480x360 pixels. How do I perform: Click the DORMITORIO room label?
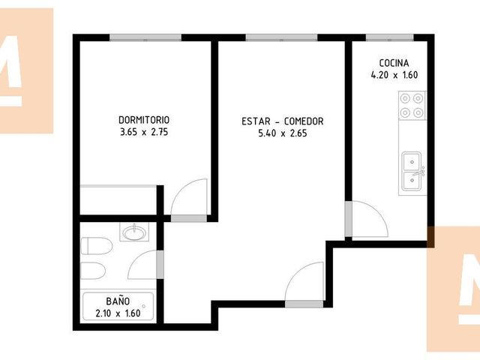144,120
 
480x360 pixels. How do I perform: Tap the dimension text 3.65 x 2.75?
144,132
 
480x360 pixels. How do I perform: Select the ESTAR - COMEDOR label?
282,121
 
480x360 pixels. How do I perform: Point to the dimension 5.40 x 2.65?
282,133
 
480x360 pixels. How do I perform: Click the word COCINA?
394,63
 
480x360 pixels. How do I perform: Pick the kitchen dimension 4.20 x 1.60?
394,75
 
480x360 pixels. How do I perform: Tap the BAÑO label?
118,301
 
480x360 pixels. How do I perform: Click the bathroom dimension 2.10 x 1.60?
118,313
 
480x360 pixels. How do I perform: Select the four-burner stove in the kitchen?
412,106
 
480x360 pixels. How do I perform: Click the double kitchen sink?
412,172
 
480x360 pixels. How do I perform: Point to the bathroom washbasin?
134,232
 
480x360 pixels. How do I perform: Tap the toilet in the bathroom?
96,245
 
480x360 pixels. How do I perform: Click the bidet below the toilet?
93,271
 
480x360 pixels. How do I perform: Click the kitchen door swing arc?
379,212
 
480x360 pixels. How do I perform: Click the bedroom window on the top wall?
145,37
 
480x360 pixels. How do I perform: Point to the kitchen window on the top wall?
390,37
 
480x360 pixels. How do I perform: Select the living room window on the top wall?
281,37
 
